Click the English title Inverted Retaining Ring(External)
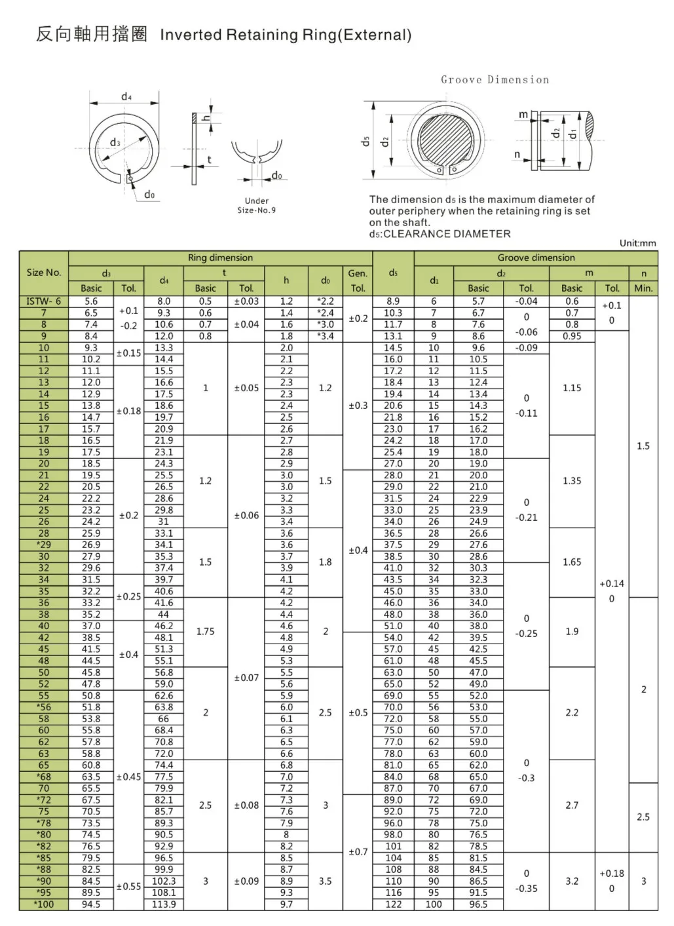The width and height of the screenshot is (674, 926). pyautogui.click(x=286, y=35)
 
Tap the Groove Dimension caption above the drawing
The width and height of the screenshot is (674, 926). pyautogui.click(x=495, y=80)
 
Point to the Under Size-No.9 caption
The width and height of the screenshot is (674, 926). pyautogui.click(x=257, y=206)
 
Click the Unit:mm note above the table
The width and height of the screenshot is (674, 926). pyautogui.click(x=637, y=243)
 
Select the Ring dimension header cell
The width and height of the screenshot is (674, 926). pyautogui.click(x=220, y=258)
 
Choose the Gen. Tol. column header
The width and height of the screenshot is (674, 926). pyautogui.click(x=358, y=280)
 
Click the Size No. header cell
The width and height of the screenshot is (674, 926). pyautogui.click(x=44, y=273)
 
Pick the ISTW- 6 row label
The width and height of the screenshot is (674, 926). pyautogui.click(x=44, y=301)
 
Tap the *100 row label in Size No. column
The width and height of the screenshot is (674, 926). pyautogui.click(x=44, y=904)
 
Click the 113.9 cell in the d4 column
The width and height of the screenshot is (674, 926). pyautogui.click(x=164, y=904)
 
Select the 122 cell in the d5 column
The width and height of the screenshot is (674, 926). pyautogui.click(x=393, y=904)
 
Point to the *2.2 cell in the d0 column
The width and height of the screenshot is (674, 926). pyautogui.click(x=326, y=301)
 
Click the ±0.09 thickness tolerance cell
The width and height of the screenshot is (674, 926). pyautogui.click(x=246, y=881)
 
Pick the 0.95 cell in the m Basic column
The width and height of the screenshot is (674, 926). pyautogui.click(x=572, y=336)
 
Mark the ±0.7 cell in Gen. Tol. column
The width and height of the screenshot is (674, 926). pyautogui.click(x=358, y=852)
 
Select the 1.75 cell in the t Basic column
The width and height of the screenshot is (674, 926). pyautogui.click(x=205, y=632)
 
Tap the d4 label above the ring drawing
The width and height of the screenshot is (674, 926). pyautogui.click(x=126, y=97)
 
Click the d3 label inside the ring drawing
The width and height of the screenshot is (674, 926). pyautogui.click(x=115, y=142)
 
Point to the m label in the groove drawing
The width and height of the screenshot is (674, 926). pyautogui.click(x=523, y=115)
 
